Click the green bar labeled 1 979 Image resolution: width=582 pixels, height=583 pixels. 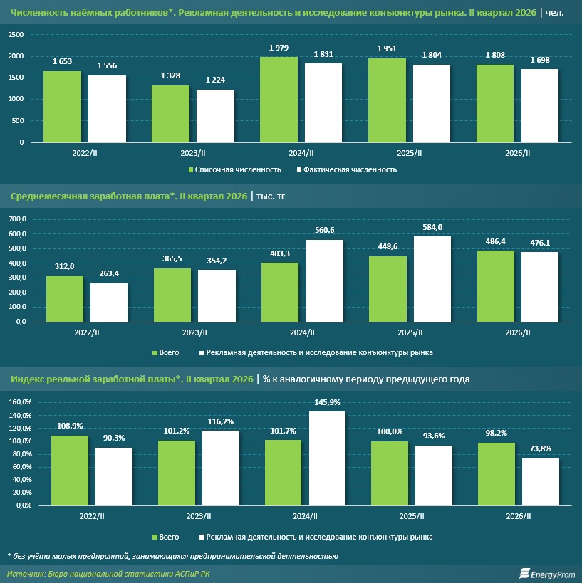279,100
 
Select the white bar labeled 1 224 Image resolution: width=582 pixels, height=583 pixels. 215,116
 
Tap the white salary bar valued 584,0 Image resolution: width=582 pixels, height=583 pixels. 432,279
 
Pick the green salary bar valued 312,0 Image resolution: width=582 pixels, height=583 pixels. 65,299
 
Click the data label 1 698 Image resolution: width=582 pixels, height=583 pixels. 540,60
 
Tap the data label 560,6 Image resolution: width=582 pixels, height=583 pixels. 325,230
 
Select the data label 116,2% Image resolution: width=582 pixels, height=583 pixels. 221,421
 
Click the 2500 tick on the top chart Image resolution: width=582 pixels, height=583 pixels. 16,35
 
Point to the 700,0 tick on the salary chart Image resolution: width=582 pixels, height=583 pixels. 17,219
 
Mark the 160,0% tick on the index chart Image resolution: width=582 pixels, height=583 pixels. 20,402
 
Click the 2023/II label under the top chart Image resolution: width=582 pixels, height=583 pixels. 193,153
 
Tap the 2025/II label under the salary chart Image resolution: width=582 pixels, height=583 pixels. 410,332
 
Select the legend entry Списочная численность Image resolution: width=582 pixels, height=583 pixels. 235,170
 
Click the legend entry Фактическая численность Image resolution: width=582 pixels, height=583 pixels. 347,170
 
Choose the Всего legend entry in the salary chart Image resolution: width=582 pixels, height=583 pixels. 165,352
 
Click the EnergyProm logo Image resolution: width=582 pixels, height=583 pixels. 547,574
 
